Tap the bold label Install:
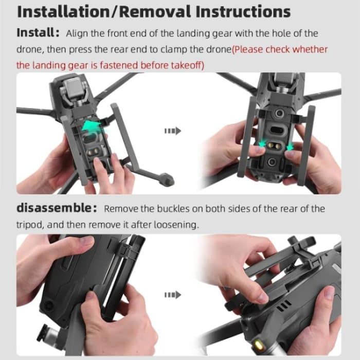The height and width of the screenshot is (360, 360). coord(38,32)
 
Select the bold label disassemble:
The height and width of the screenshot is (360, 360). coord(56,208)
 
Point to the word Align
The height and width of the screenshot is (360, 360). coord(77,33)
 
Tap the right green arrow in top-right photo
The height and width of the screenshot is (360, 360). coord(290,147)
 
